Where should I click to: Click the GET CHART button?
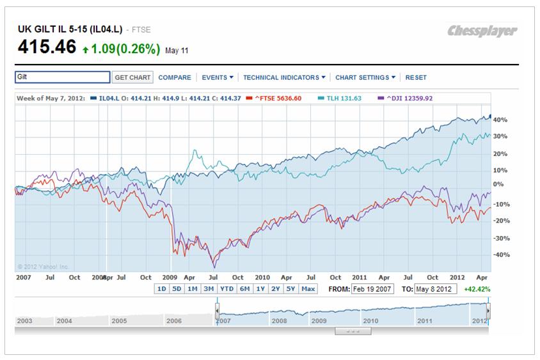[132, 77]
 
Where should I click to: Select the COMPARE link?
[175, 77]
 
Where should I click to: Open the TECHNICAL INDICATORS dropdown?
[284, 77]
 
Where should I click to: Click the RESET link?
[416, 77]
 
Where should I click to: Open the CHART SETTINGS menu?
[365, 77]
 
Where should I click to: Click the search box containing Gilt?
[62, 77]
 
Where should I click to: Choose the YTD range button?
[226, 289]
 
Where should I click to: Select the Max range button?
[308, 289]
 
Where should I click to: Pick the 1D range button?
[162, 289]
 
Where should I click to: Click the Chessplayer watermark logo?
[482, 31]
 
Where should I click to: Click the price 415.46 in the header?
[47, 47]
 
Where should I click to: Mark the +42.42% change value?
[477, 289]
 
